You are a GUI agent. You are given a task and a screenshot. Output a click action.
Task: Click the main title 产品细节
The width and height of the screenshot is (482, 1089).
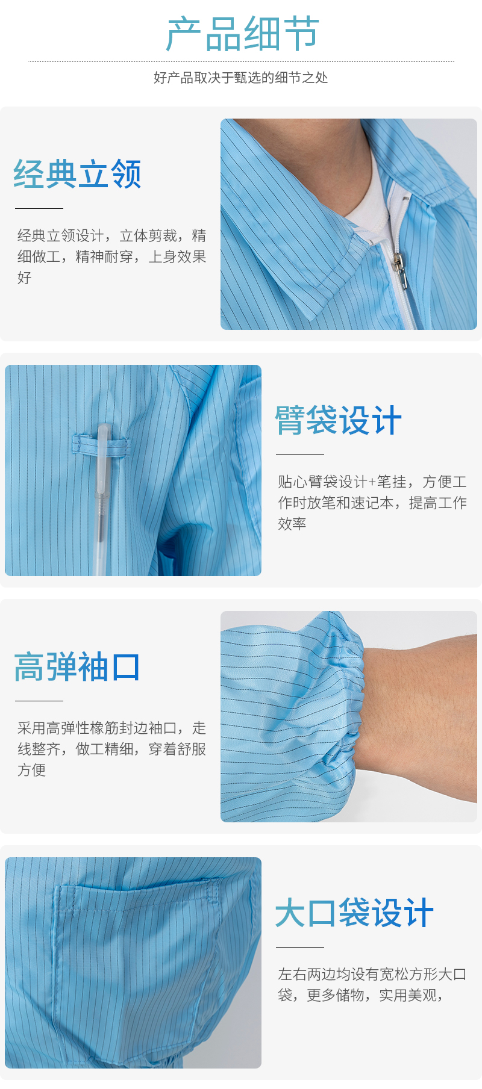tap(242, 34)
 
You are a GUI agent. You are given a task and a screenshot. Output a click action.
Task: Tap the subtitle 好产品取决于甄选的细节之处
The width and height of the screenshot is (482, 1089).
tap(241, 78)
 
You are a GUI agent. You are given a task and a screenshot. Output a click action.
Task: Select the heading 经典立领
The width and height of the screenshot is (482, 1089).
tap(78, 174)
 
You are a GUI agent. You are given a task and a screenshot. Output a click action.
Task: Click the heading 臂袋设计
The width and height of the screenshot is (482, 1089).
tap(339, 420)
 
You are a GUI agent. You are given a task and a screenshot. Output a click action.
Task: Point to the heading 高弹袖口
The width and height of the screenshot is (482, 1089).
tap(77, 666)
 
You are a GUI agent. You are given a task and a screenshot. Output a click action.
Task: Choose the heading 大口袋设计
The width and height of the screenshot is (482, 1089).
tap(354, 913)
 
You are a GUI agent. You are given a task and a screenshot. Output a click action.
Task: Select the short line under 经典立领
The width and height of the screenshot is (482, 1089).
tap(39, 208)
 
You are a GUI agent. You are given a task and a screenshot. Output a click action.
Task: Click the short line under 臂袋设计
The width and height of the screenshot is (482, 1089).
tap(300, 455)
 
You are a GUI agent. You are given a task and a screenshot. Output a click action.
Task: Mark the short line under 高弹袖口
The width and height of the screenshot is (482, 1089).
tap(39, 701)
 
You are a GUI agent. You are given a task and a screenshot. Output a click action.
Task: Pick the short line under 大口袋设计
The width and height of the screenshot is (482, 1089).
tap(300, 947)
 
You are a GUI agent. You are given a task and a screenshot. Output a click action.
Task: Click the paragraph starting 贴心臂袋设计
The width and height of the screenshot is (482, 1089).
tap(372, 503)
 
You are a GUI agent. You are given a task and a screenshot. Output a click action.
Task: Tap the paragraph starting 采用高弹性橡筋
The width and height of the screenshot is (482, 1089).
tap(112, 749)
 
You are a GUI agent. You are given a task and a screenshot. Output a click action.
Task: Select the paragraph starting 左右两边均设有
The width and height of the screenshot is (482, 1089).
tap(372, 985)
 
